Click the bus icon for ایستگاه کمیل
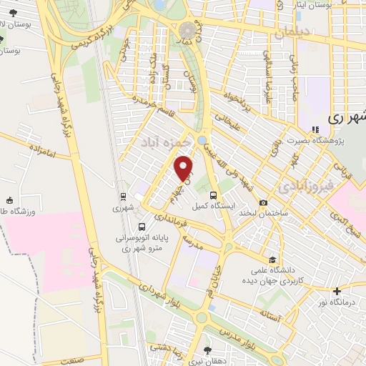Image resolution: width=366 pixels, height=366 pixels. (213, 195)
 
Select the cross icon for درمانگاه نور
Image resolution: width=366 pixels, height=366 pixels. (337, 290)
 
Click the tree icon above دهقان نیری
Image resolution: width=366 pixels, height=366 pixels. (207, 350)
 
